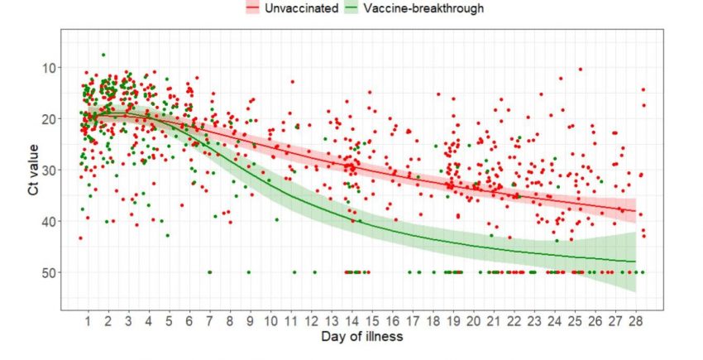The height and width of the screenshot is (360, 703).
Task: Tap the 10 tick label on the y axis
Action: pos(47,68)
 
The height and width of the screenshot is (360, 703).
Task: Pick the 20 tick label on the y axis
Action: pos(47,119)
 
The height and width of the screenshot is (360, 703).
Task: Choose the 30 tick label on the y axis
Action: pos(47,170)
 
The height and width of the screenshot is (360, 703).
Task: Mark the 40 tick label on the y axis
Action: pos(47,222)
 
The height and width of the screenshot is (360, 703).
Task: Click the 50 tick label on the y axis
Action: pos(47,272)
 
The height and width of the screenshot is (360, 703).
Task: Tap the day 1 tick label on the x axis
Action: pos(88,319)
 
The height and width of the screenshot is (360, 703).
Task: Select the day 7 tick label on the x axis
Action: pos(209,319)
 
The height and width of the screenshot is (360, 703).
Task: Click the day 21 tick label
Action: pos(494,319)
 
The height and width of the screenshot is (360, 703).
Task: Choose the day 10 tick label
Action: pos(270,319)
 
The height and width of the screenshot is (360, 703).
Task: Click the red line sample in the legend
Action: pos(252,8)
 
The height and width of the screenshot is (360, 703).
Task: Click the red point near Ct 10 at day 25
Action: pos(581,70)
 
